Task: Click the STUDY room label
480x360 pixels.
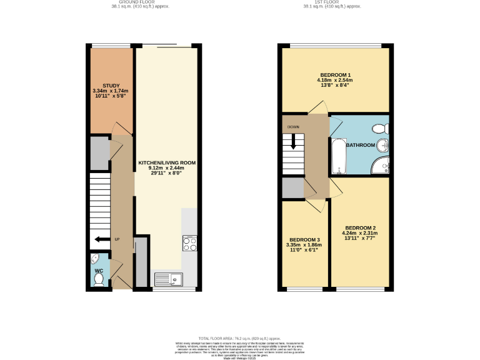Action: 111,86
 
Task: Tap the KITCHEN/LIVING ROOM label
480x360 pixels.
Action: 167,162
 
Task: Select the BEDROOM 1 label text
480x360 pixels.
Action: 336,75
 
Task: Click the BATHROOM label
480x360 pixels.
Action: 361,145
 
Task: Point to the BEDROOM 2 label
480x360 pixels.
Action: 361,227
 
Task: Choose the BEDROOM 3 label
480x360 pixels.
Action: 304,240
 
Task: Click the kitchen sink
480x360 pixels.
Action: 166,279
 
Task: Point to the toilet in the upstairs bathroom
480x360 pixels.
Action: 378,129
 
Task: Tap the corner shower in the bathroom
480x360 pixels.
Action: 379,165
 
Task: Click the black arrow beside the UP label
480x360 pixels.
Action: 99,239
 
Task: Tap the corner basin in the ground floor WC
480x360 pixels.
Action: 94,258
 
